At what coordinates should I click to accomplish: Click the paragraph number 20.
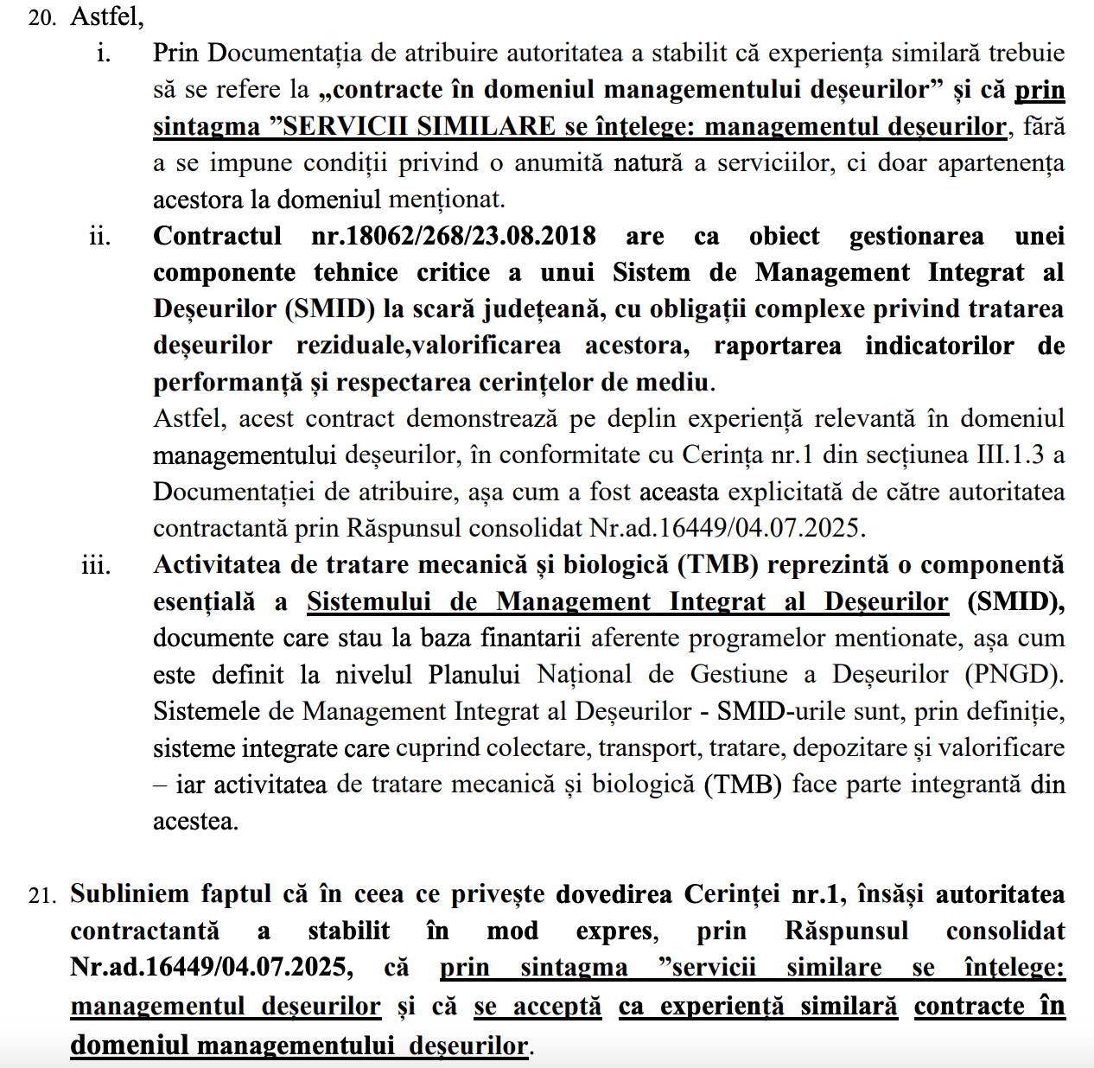pos(41,16)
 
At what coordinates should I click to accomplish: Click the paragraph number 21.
pos(41,895)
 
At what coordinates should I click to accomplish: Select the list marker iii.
pos(96,565)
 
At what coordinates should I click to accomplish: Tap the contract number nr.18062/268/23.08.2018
pos(453,236)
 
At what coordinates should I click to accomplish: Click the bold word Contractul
pos(217,236)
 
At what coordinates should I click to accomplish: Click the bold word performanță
pos(228,382)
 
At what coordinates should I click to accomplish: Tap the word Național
pos(584,674)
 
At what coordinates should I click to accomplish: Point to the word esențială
pos(204,601)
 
